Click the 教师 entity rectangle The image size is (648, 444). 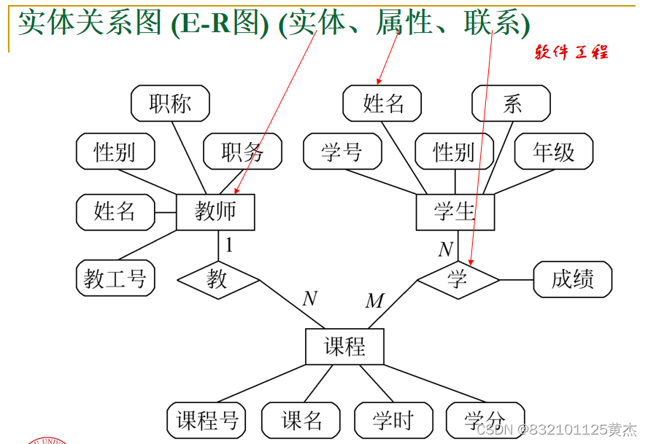pyautogui.click(x=215, y=212)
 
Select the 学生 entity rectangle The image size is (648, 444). pyautogui.click(x=455, y=212)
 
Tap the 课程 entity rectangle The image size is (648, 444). pyautogui.click(x=344, y=346)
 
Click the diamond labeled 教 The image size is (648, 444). pyautogui.click(x=217, y=279)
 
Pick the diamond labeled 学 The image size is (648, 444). pyautogui.click(x=458, y=279)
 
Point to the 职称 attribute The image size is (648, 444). pyautogui.click(x=170, y=104)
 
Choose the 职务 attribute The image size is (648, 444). pyautogui.click(x=242, y=152)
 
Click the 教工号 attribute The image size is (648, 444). pyautogui.click(x=115, y=278)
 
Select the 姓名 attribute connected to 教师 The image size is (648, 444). pyautogui.click(x=115, y=212)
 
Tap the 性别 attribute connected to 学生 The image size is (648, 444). pyautogui.click(x=454, y=152)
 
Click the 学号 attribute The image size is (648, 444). pyautogui.click(x=342, y=152)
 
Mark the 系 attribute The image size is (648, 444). pyautogui.click(x=511, y=104)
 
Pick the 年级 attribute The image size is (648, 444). pyautogui.click(x=553, y=152)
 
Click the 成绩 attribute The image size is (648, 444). pyautogui.click(x=573, y=279)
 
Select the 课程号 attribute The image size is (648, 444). pyautogui.click(x=207, y=420)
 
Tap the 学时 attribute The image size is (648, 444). pyautogui.click(x=393, y=420)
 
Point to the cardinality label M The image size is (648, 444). pyautogui.click(x=374, y=300)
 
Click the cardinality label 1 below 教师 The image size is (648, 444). pyautogui.click(x=229, y=245)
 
